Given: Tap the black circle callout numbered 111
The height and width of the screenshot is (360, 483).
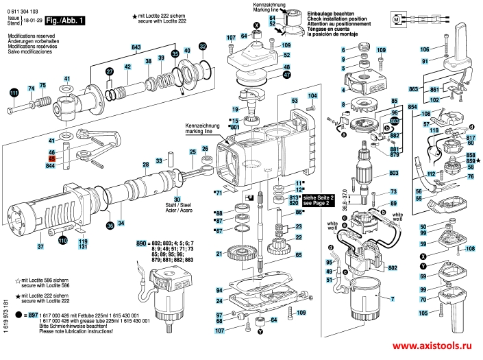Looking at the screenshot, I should [14, 93].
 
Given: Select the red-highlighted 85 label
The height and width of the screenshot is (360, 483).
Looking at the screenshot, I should [51, 158].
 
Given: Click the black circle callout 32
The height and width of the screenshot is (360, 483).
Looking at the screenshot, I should [202, 46].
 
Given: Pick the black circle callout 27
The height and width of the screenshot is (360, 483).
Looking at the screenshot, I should [108, 72].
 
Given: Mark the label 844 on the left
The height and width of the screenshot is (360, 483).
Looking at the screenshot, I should [51, 166].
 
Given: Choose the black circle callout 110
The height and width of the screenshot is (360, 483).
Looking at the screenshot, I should [62, 241].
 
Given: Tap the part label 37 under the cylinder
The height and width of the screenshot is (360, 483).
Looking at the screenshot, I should [40, 246].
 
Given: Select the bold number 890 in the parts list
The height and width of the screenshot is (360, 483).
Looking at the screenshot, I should [143, 244].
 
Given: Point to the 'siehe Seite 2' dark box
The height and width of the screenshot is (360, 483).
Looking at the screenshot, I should [321, 200].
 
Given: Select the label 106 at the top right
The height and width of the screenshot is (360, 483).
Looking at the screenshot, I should [425, 49].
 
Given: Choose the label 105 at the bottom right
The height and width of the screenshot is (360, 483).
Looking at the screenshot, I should [423, 313].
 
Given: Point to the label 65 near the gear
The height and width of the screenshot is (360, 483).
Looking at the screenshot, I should [299, 254].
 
